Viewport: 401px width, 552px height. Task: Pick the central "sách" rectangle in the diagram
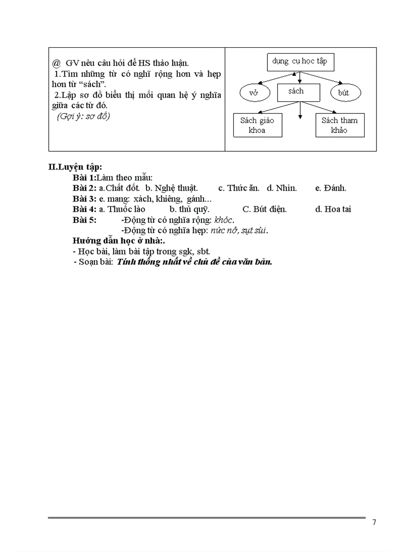click(x=298, y=91)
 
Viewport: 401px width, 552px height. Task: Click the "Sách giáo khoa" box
click(x=258, y=125)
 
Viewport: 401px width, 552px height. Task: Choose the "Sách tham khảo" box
click(x=340, y=125)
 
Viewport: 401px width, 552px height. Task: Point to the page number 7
click(x=374, y=522)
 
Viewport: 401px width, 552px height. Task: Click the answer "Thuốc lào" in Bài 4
click(x=126, y=209)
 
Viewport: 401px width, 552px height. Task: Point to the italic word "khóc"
click(x=224, y=220)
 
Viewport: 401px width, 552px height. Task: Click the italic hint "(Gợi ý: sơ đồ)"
click(x=84, y=116)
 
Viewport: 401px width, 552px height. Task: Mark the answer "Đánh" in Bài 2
click(x=335, y=188)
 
